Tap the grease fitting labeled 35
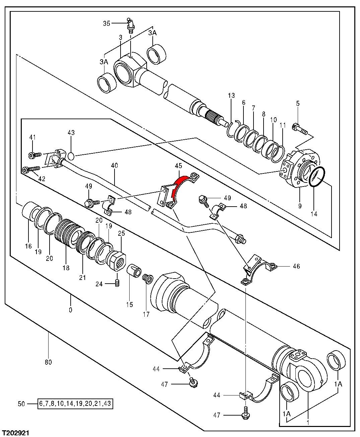click(130, 25)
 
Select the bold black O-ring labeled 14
click(316, 177)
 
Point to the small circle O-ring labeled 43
click(71, 156)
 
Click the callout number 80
click(48, 362)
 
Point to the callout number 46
click(296, 267)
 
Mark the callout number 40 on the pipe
click(115, 165)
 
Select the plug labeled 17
click(147, 278)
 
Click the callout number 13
click(231, 96)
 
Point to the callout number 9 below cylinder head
click(300, 206)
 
